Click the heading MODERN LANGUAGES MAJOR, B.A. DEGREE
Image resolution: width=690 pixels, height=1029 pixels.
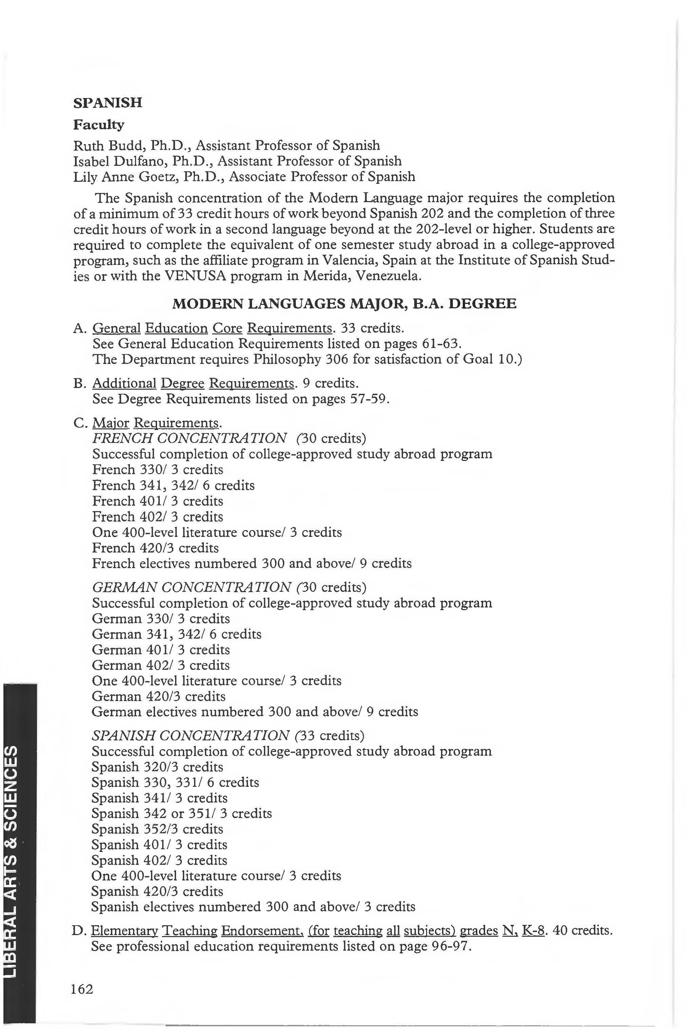click(344, 304)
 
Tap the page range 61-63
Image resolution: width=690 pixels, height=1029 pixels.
click(437, 343)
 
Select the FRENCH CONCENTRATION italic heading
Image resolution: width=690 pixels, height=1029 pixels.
click(190, 438)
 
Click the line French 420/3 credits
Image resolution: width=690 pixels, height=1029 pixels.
click(155, 548)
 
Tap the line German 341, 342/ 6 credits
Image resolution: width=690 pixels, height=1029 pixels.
click(176, 634)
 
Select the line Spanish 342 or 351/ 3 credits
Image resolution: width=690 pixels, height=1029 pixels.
click(181, 813)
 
